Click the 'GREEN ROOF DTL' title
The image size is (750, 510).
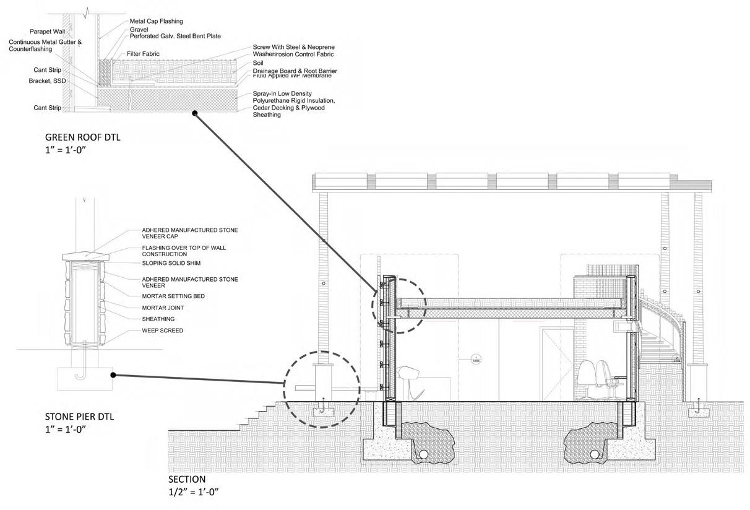point(83,137)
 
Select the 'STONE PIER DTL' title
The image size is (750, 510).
point(79,417)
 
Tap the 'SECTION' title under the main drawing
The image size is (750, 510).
point(187,479)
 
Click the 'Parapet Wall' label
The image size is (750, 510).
point(48,32)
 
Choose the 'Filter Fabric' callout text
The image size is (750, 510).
point(143,54)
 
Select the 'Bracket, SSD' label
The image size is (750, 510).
point(47,81)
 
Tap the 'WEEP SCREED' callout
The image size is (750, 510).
point(162,331)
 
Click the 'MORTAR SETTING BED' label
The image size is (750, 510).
point(173,296)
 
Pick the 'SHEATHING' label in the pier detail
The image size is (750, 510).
point(158,319)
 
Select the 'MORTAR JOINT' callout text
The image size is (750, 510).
point(163,308)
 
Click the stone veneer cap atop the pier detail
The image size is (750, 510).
point(86,255)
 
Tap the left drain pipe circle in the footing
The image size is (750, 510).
point(423,454)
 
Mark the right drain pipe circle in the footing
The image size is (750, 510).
point(595,454)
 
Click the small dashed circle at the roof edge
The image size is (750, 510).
point(399,305)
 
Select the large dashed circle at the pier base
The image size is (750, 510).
point(321,389)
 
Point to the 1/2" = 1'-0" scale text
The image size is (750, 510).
point(194,492)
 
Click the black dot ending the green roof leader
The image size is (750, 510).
point(194,113)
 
